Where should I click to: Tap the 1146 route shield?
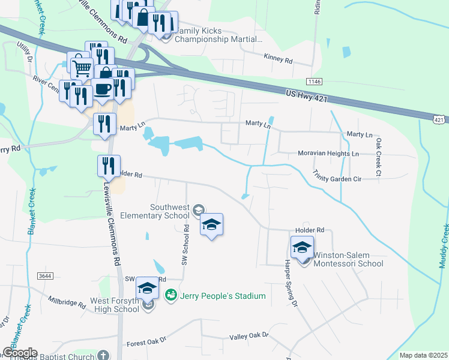coord(313,81)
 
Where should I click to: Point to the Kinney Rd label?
coord(277,60)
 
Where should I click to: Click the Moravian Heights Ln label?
coord(328,154)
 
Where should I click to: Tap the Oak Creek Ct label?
coord(378,157)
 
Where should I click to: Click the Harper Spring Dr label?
coord(287,286)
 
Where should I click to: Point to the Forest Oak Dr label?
coord(146,343)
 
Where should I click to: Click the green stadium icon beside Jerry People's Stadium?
coord(171,295)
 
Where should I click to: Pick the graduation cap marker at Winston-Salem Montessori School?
coord(303,247)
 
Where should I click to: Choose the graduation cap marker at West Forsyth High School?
coord(147,289)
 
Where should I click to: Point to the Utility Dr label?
coord(24,52)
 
